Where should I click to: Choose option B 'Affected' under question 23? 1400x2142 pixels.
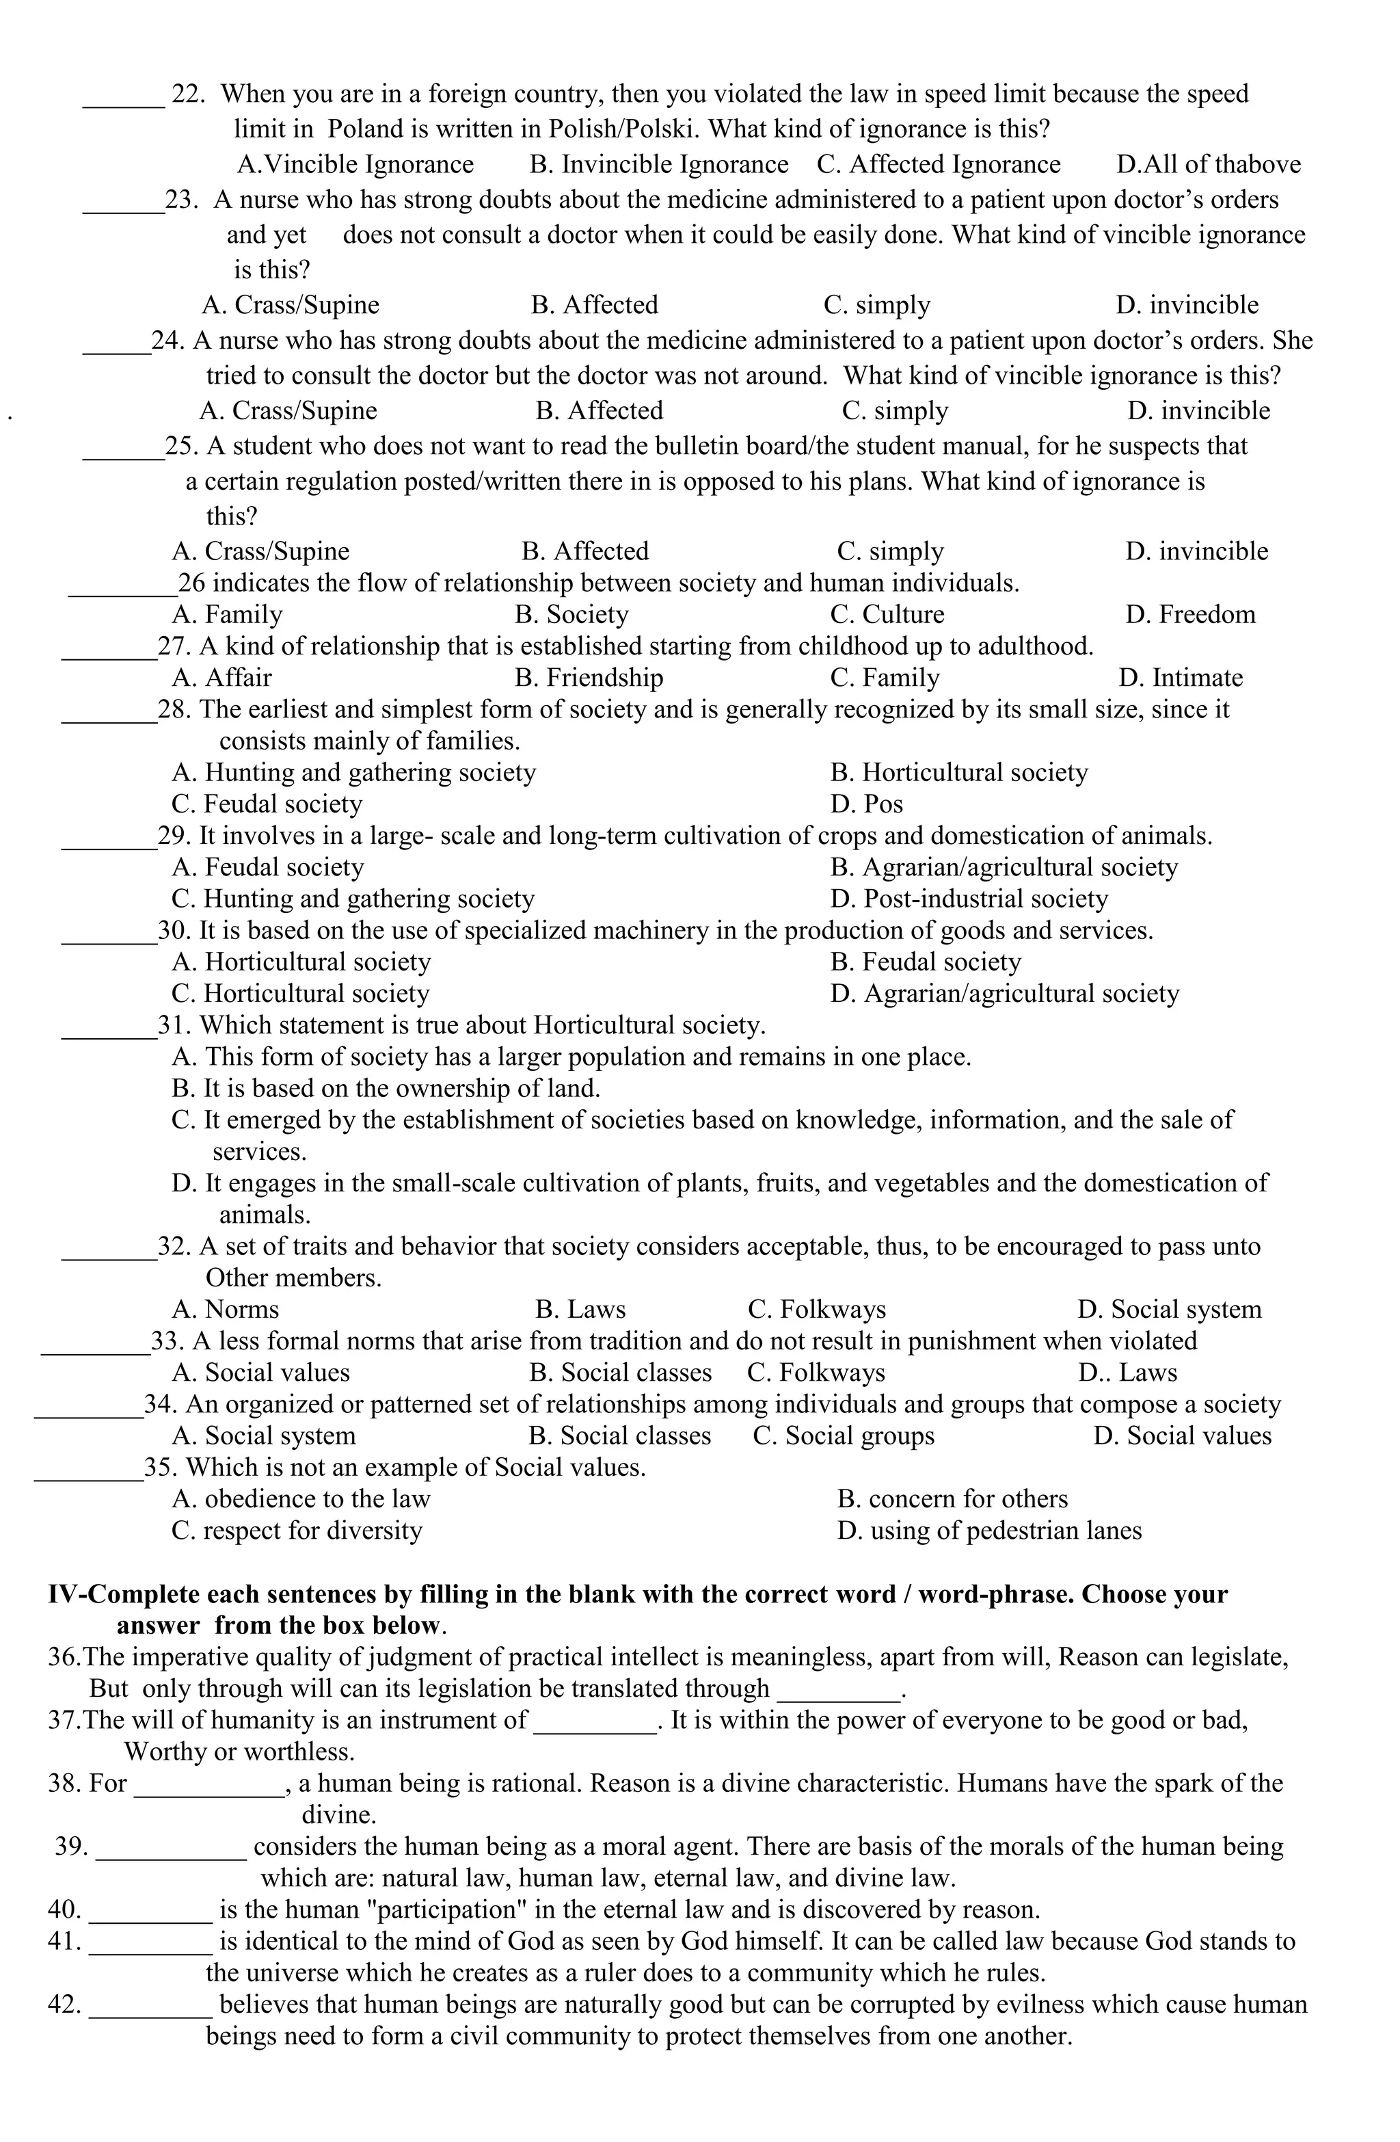point(594,305)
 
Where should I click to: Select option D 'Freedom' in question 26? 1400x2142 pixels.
point(1189,615)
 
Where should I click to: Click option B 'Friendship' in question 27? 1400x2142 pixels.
point(589,678)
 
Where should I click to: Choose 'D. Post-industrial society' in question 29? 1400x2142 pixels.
point(969,899)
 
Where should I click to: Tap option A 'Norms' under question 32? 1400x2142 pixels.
point(225,1310)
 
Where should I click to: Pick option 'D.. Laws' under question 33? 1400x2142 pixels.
point(1127,1373)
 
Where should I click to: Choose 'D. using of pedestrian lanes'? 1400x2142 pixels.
point(988,1531)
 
